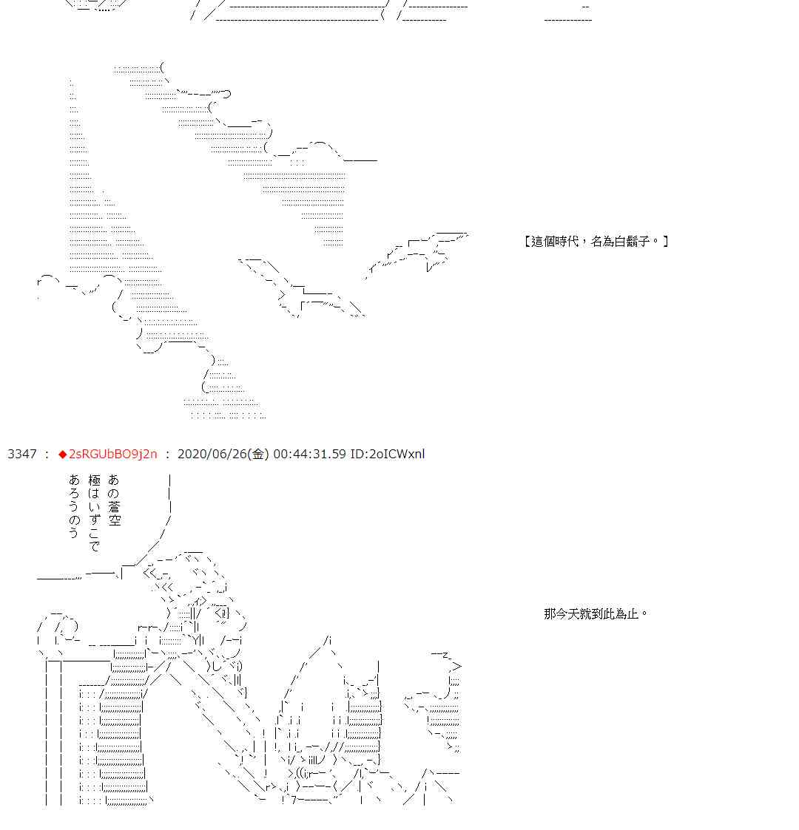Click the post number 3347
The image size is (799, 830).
point(22,454)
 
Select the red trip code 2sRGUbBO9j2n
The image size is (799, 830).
point(113,454)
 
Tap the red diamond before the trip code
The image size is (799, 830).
point(63,454)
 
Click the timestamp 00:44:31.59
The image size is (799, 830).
point(309,454)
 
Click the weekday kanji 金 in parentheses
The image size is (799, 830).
point(258,454)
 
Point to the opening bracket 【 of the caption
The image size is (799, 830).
point(527,242)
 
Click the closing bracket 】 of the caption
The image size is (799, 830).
point(666,242)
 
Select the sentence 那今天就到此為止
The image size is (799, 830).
point(591,614)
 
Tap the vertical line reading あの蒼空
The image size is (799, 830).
point(114,500)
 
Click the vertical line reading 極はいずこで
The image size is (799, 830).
point(94,513)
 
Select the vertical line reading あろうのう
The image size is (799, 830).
point(74,506)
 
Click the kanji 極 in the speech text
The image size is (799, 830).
point(94,480)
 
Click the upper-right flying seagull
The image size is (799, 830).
point(417,253)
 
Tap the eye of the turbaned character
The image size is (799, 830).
point(223,614)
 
